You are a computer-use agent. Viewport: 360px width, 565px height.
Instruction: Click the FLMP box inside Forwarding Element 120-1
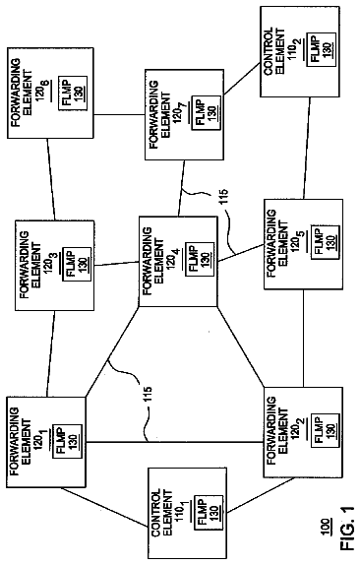pyautogui.click(x=68, y=441)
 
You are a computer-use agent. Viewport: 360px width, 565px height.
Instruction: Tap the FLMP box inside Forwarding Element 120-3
pyautogui.click(x=77, y=264)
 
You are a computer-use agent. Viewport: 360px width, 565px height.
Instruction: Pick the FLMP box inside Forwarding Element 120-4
pyautogui.click(x=200, y=260)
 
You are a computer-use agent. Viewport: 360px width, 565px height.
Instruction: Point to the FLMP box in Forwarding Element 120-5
pyautogui.click(x=325, y=242)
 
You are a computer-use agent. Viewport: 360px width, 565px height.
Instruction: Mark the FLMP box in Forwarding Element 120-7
pyautogui.click(x=206, y=112)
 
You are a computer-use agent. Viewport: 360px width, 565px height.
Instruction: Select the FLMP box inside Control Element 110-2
pyautogui.click(x=321, y=49)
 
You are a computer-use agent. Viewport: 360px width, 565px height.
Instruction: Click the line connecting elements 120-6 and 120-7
pyautogui.click(x=119, y=115)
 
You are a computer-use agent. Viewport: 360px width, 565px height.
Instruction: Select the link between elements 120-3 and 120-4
pyautogui.click(x=117, y=264)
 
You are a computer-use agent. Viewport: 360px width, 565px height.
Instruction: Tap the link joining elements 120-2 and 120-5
pyautogui.click(x=303, y=338)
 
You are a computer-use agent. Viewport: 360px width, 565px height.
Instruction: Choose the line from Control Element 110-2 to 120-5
pyautogui.click(x=306, y=148)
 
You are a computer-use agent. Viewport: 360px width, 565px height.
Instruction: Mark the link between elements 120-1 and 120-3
pyautogui.click(x=50, y=353)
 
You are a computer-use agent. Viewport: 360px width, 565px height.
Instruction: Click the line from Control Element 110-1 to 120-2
pyautogui.click(x=261, y=495)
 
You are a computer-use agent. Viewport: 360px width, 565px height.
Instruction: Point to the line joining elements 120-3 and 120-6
pyautogui.click(x=51, y=179)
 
